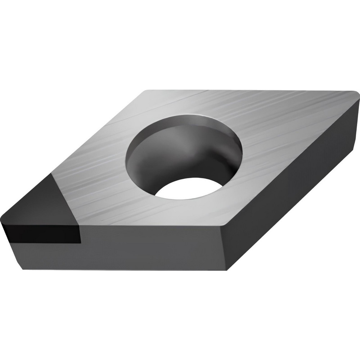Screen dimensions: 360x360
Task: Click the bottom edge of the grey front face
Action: (x=126, y=269)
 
